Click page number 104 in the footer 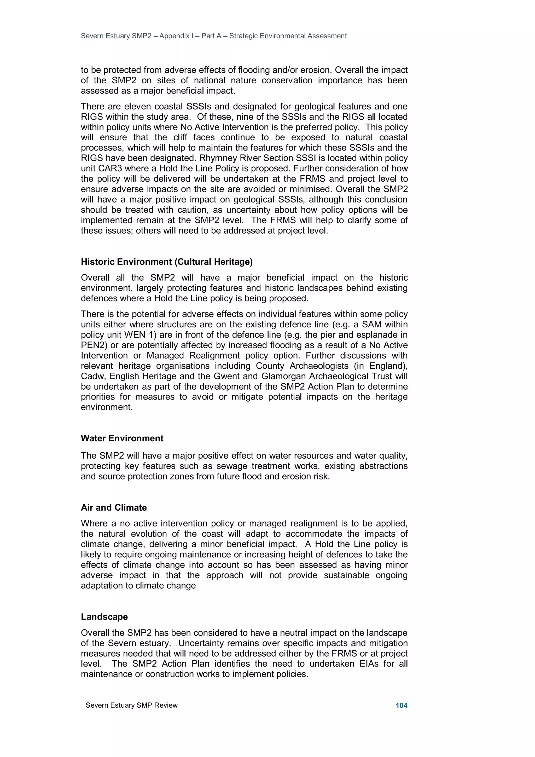click(401, 705)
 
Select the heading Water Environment click(122, 438)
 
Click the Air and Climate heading click(114, 507)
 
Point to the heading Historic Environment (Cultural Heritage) click(167, 262)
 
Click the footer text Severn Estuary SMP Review click(131, 705)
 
